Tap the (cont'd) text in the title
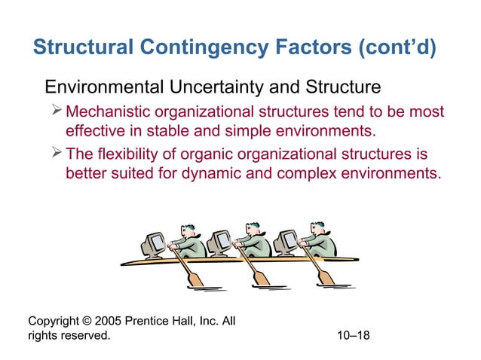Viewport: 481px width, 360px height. pyautogui.click(x=398, y=49)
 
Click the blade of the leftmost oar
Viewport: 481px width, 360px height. pyautogui.click(x=195, y=279)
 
